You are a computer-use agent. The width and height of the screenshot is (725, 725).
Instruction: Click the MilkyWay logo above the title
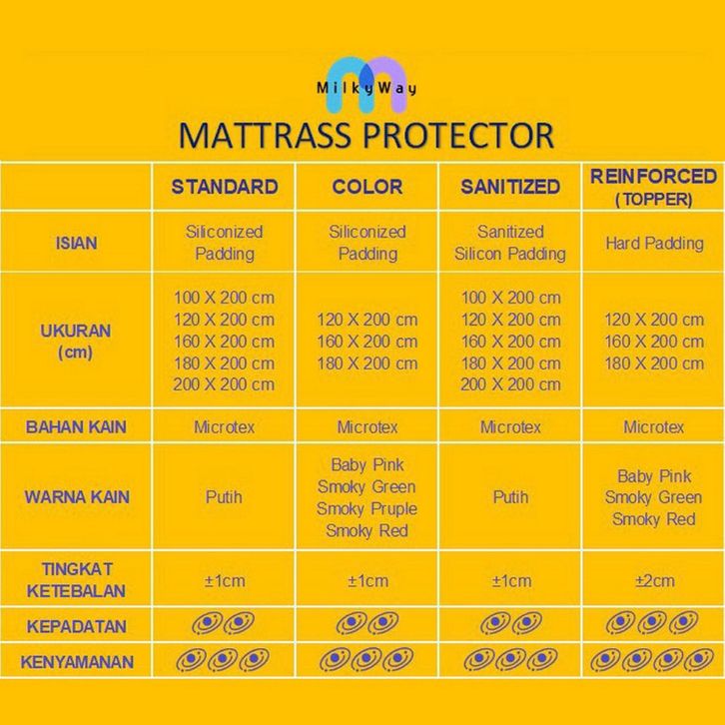[x=366, y=86]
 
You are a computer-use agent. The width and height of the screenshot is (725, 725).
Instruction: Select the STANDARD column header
[x=225, y=187]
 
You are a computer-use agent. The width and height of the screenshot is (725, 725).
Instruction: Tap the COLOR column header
[x=367, y=187]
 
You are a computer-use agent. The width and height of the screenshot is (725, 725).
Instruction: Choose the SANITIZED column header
[x=510, y=187]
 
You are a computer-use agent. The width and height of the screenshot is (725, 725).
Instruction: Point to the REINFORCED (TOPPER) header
[x=654, y=188]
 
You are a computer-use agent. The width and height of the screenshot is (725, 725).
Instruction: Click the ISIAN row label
[x=76, y=244]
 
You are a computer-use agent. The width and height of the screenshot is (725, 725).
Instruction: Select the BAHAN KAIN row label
[x=76, y=426]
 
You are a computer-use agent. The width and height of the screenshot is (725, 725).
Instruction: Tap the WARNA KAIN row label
[x=77, y=497]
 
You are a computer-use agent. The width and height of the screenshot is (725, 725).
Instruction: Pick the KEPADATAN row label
[x=77, y=626]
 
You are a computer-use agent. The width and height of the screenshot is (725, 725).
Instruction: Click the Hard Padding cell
[x=654, y=244]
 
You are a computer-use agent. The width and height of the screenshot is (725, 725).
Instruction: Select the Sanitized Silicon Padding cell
[x=510, y=243]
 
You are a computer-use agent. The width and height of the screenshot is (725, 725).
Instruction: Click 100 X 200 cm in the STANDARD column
[x=225, y=298]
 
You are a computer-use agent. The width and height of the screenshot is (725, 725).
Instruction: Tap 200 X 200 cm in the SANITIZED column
[x=510, y=384]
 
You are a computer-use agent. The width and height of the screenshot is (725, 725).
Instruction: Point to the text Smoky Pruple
[x=367, y=509]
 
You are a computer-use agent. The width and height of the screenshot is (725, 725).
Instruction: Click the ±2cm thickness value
[x=655, y=581]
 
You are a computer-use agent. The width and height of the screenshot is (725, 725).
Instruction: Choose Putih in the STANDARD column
[x=224, y=497]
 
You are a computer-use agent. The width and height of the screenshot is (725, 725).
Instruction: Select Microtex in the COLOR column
[x=367, y=426]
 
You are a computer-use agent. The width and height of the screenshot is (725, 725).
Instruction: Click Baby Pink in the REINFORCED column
[x=654, y=476]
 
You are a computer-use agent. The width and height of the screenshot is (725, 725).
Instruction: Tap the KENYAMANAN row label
[x=77, y=662]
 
